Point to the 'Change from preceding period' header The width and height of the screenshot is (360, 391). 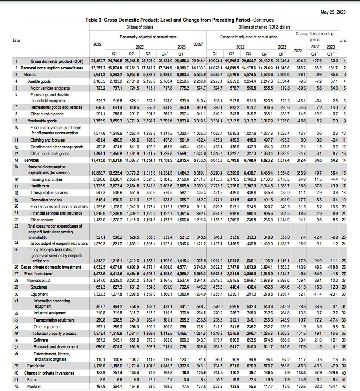click(315, 36)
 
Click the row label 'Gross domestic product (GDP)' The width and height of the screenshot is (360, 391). click(57, 61)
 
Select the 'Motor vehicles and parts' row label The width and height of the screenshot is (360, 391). click(49, 88)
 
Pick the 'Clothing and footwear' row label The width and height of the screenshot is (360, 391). click(46, 139)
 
